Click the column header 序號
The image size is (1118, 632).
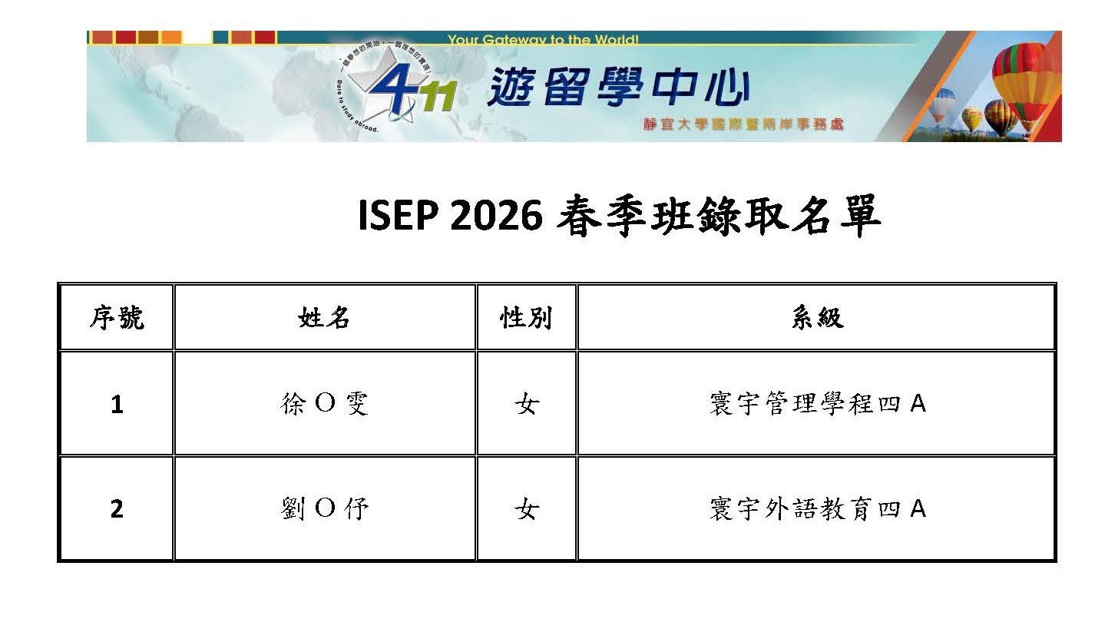tap(117, 317)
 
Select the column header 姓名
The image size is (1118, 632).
tap(324, 317)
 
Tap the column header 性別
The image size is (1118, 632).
tap(526, 317)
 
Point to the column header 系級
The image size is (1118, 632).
tap(817, 317)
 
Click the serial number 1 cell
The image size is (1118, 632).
tap(117, 404)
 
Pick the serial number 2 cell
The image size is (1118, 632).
tap(117, 508)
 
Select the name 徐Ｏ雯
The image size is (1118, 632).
tap(324, 403)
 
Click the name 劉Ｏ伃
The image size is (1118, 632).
tap(324, 508)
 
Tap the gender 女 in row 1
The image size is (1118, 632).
tap(527, 403)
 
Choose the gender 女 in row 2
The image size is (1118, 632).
tap(527, 508)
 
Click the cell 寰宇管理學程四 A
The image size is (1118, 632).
tap(818, 403)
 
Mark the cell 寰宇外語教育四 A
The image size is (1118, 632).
tap(818, 508)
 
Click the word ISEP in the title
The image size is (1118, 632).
tap(399, 215)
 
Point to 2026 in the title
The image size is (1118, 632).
tap(496, 215)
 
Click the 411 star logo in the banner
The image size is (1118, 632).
tap(397, 86)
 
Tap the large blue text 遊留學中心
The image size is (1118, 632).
tap(618, 88)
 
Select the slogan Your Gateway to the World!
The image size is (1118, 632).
tap(543, 39)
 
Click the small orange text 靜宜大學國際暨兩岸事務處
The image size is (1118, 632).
tap(743, 124)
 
